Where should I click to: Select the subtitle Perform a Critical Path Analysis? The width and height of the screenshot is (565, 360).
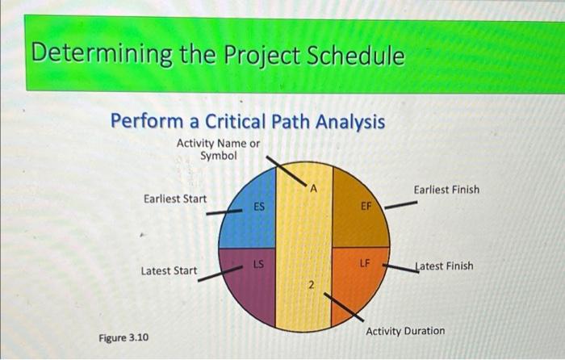coord(247,122)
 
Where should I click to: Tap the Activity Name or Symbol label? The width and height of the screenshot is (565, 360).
coord(218,149)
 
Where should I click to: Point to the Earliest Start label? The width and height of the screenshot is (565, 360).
coord(174,199)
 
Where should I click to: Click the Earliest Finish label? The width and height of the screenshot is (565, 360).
coord(446,190)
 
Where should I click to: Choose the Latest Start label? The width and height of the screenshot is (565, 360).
coord(168,270)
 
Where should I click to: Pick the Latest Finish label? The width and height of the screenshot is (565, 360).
coord(444,266)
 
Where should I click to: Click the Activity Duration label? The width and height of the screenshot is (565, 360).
coord(404,332)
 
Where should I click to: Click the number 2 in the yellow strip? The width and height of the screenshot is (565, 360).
coord(309,285)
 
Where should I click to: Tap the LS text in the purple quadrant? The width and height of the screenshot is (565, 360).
coord(258,263)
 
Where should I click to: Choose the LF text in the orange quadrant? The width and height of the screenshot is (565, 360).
coord(364,263)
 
